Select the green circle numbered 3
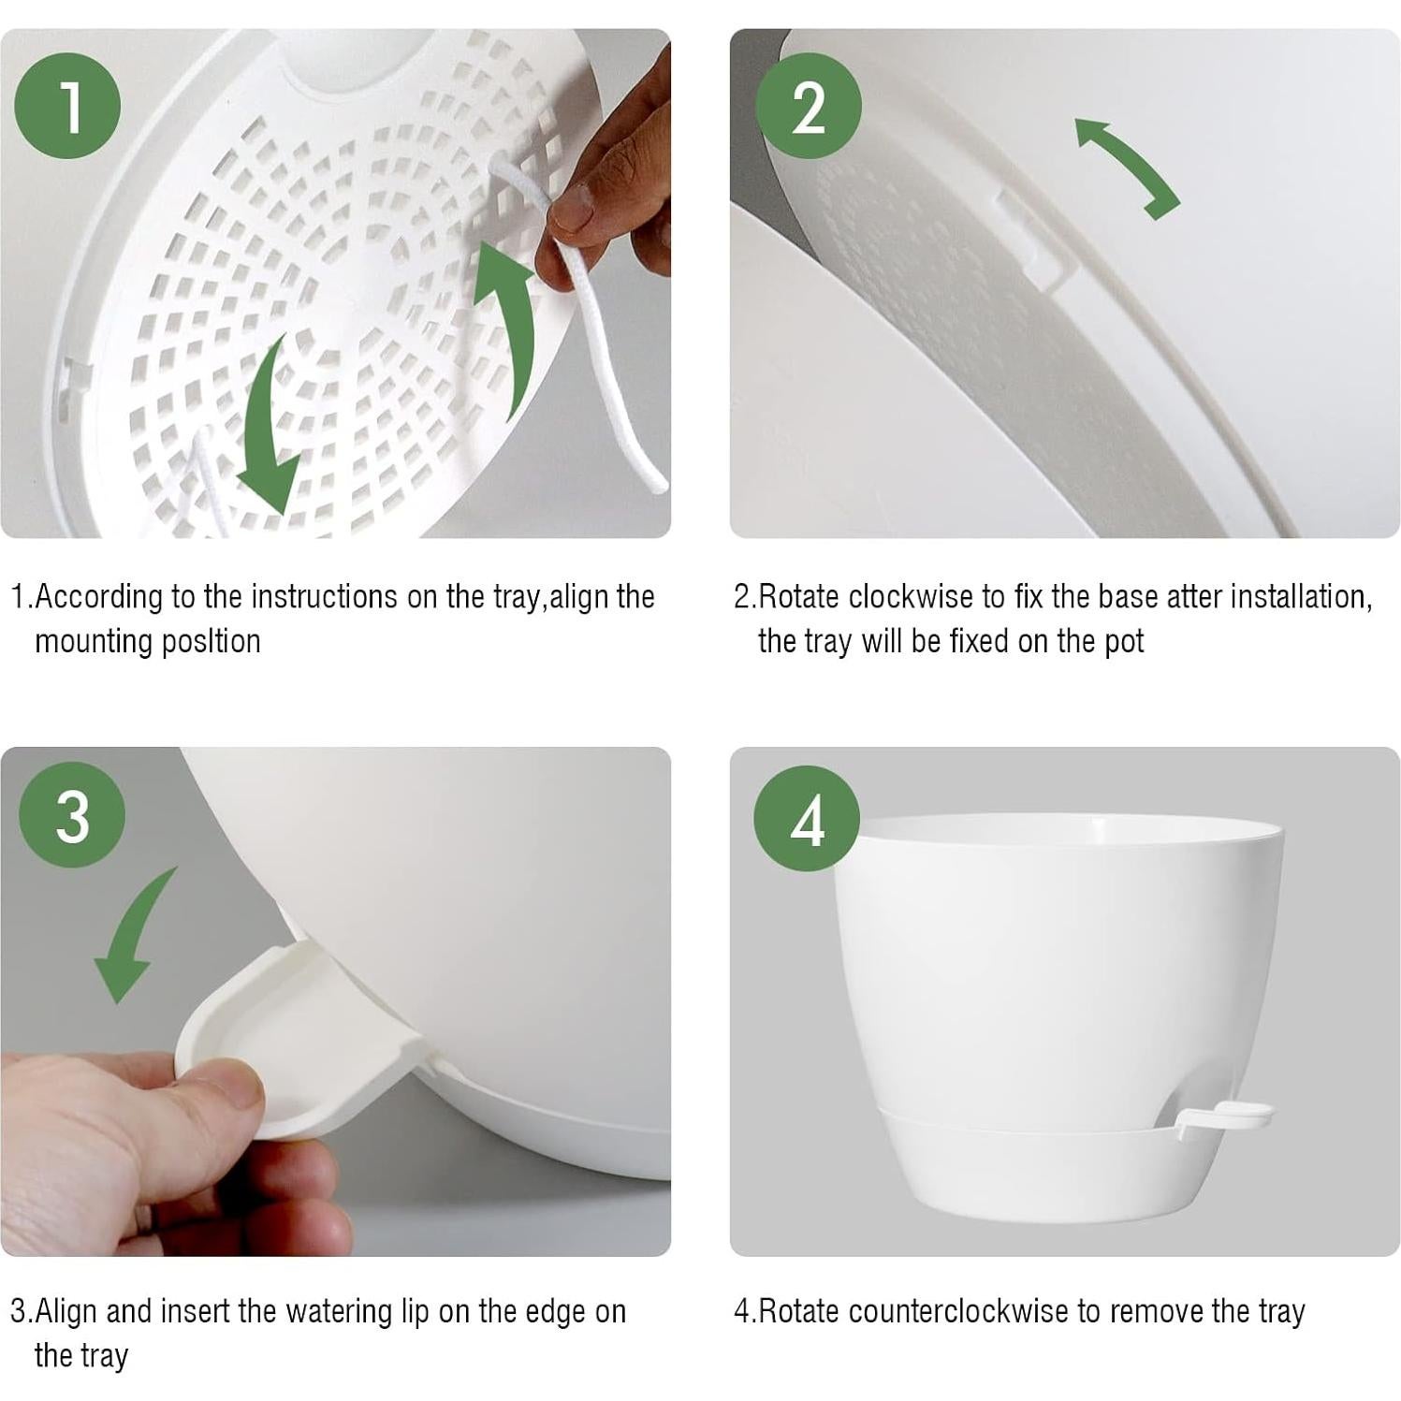[x=72, y=814]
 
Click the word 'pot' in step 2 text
[x=1124, y=643]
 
